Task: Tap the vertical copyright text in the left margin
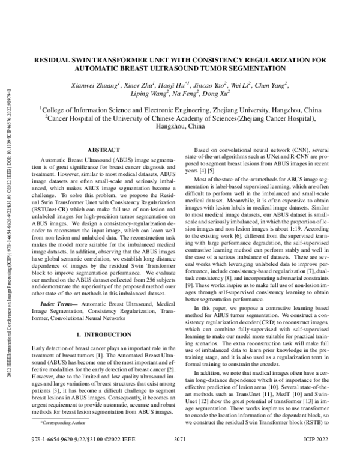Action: [8, 240]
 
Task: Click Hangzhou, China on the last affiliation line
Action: [181, 127]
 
